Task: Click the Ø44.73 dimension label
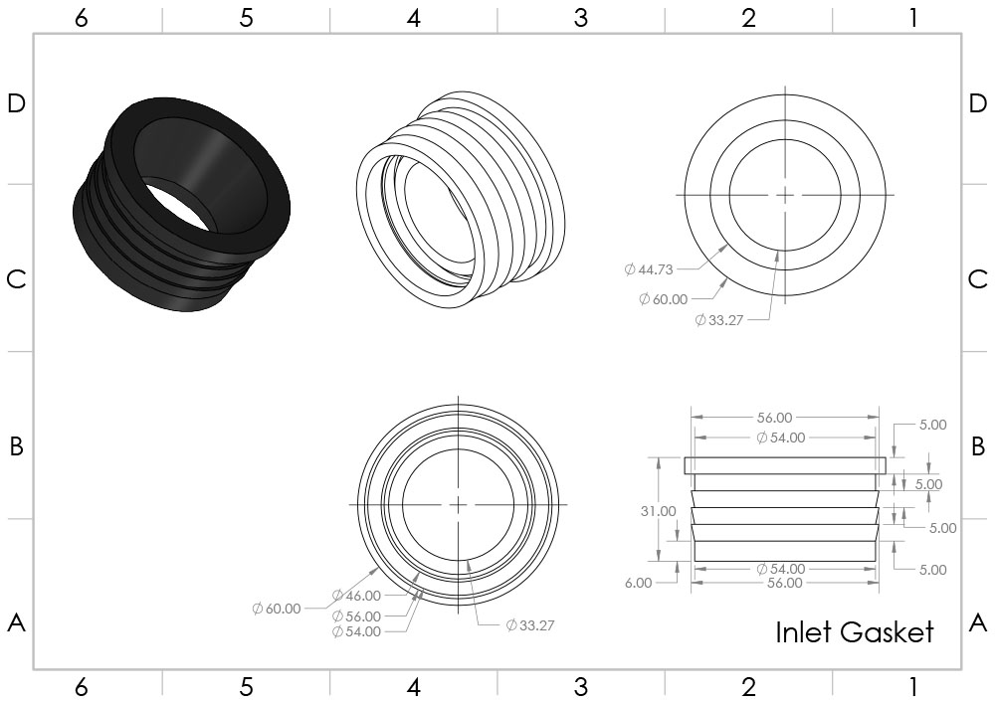click(x=648, y=269)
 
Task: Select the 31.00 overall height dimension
click(x=658, y=511)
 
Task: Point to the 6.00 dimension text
click(x=639, y=583)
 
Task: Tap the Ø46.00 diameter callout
click(x=356, y=596)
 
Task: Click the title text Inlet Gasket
click(x=854, y=632)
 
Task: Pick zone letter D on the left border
click(x=17, y=103)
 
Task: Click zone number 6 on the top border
click(x=82, y=18)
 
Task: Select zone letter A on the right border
click(x=978, y=623)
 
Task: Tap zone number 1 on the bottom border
click(x=913, y=686)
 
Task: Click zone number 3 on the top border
click(x=581, y=18)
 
